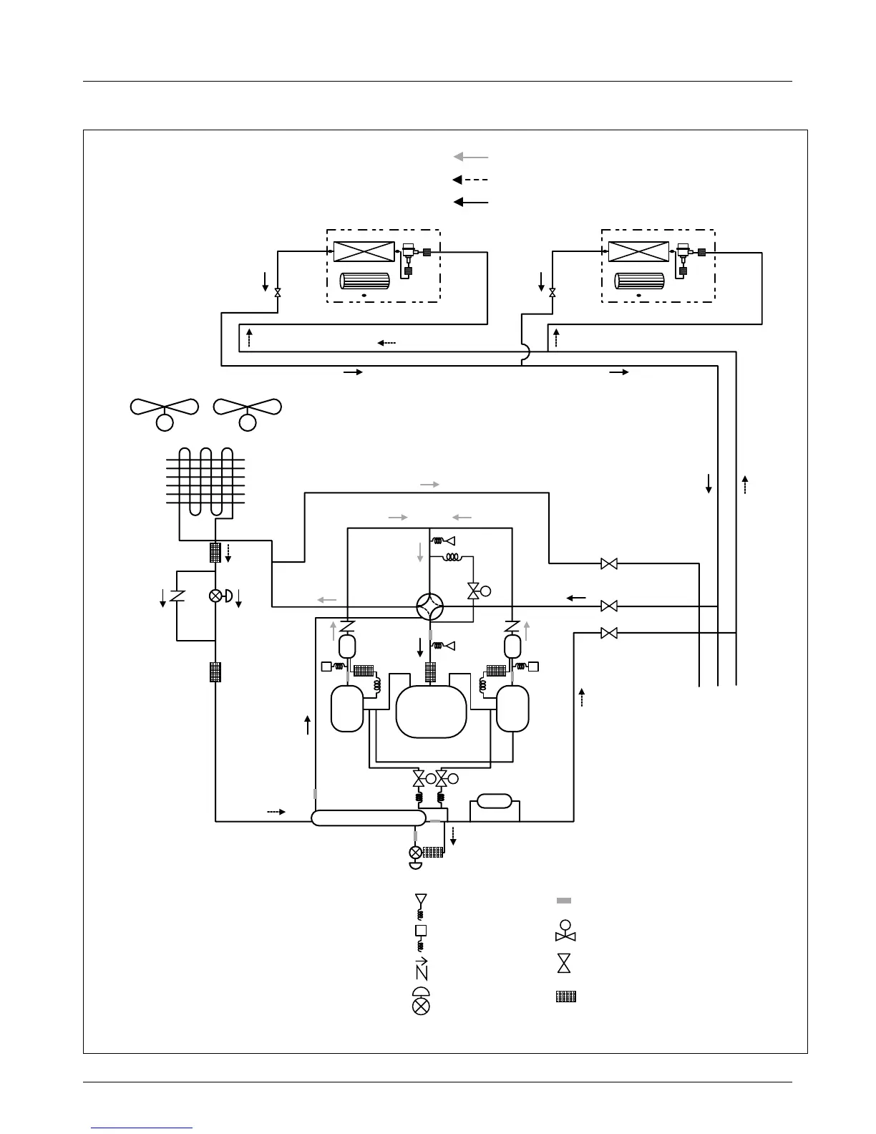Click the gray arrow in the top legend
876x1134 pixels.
tap(470, 157)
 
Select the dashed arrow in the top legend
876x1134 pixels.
tap(470, 180)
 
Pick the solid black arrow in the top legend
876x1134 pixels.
tap(470, 203)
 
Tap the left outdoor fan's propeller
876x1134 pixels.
tap(165, 407)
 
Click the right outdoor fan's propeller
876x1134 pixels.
tap(248, 407)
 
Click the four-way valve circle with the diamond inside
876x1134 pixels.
tap(431, 608)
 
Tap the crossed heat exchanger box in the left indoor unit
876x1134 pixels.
tap(364, 252)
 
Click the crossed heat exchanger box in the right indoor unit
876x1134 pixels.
tap(638, 252)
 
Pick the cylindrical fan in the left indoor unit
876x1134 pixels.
tap(364, 281)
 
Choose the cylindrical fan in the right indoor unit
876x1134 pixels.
tap(638, 281)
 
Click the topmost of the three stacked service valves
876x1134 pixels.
tap(609, 564)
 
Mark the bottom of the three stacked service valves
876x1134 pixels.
tap(609, 633)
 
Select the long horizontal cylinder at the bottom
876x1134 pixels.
tap(369, 818)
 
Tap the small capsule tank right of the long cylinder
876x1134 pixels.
tap(495, 801)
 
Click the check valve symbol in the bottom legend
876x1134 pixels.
tap(422, 969)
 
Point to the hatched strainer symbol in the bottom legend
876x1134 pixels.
tap(566, 996)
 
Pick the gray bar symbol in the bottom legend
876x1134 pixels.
tap(564, 900)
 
